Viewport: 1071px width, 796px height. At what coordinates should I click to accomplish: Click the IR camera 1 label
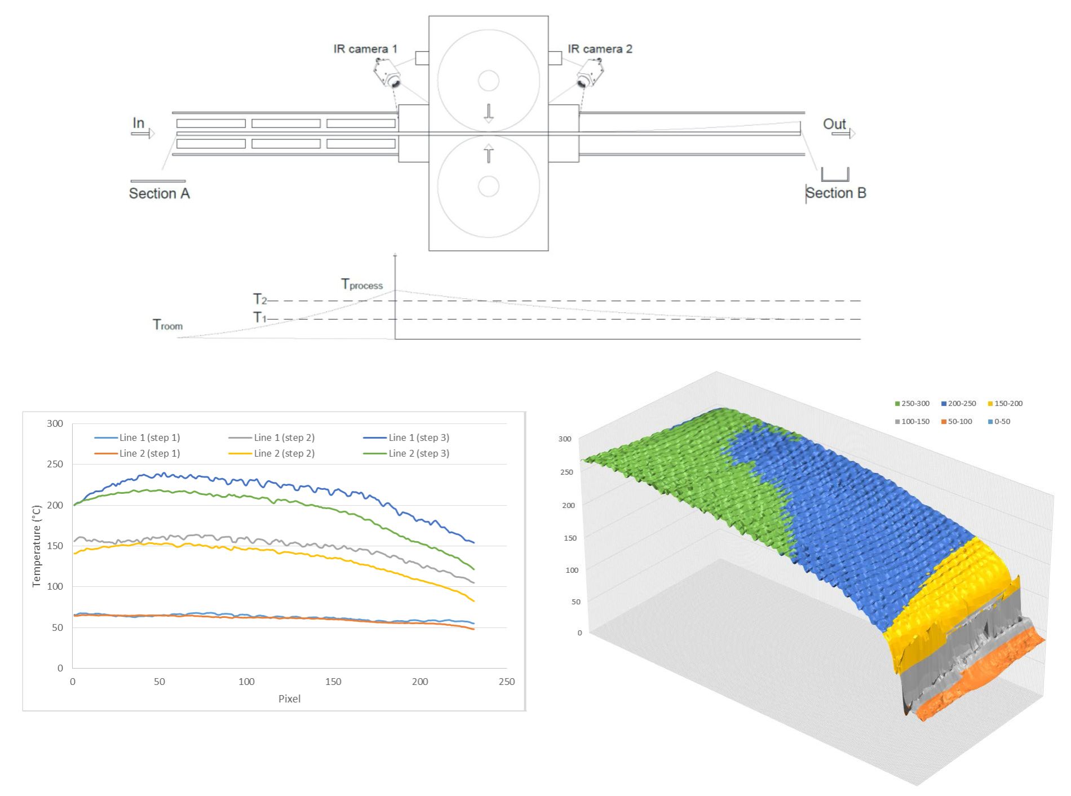365,49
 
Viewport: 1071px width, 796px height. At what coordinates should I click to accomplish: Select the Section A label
160,193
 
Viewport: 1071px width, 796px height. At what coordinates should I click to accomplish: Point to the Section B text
836,193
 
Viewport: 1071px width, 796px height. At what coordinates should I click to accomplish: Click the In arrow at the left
143,134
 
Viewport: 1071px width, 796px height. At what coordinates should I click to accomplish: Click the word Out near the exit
834,124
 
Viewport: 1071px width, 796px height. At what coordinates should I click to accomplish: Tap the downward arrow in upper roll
489,113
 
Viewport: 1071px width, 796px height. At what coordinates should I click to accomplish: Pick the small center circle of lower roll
489,186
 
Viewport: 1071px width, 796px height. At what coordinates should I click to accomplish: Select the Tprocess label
362,284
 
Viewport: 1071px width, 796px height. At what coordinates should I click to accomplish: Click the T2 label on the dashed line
260,299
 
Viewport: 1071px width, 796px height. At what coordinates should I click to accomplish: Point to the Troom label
167,325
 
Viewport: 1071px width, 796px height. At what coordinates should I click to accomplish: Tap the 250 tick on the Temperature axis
55,464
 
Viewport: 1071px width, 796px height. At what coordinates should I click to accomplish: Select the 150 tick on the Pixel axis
333,682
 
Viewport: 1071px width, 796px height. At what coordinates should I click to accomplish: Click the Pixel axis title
289,698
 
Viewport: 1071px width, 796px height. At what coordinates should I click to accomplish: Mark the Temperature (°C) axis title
37,546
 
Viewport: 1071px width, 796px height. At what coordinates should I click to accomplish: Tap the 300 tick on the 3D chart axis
565,439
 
